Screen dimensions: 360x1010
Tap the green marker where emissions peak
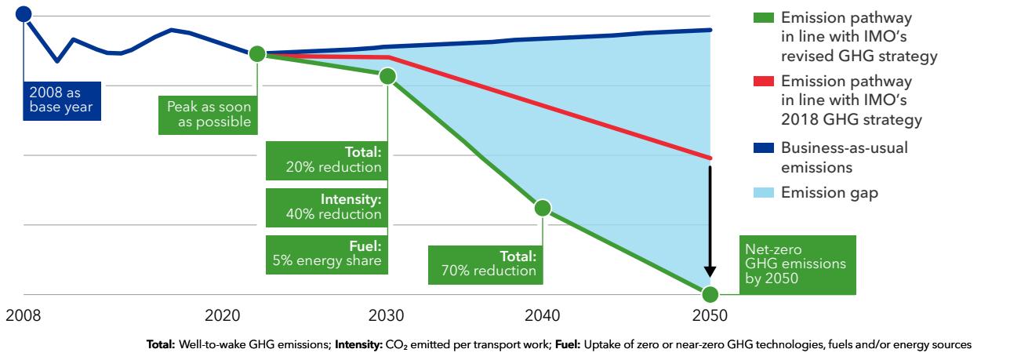coord(257,54)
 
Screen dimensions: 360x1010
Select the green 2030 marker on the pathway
coord(387,76)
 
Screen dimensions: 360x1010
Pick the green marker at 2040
coord(542,208)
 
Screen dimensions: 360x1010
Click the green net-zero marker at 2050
coord(710,295)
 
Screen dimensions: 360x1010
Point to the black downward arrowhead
coord(710,271)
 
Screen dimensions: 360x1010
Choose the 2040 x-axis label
coord(542,318)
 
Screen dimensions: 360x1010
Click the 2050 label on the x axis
coord(710,318)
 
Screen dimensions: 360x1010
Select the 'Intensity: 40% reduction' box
coord(325,207)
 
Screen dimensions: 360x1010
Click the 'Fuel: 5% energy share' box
coord(325,253)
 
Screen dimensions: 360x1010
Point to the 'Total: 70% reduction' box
coord(485,264)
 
